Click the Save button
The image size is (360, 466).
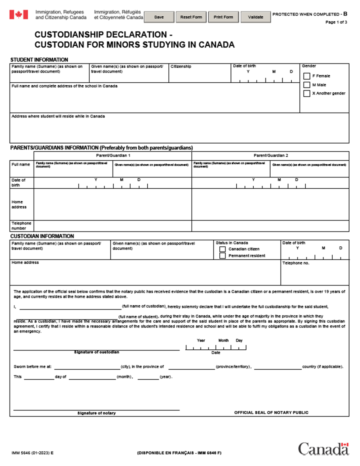[x=159, y=17]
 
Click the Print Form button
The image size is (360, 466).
[x=223, y=17]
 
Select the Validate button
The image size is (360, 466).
[x=256, y=17]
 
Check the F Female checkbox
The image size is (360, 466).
[x=307, y=76]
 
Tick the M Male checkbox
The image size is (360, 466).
[x=307, y=85]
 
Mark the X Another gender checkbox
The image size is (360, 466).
[x=307, y=94]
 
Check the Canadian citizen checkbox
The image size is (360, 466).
[x=223, y=249]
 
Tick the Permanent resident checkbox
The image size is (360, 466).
[x=223, y=256]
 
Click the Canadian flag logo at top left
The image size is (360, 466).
[x=18, y=15]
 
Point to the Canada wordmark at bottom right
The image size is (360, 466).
[x=323, y=449]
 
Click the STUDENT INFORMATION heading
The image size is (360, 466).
[x=39, y=60]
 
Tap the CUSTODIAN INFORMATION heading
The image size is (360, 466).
[x=42, y=236]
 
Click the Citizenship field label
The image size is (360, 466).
[x=181, y=66]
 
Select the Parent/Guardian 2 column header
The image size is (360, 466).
[x=271, y=155]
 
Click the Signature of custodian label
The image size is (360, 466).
[x=96, y=352]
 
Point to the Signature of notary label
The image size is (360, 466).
[x=96, y=413]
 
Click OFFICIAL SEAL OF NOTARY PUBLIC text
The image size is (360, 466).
[x=271, y=412]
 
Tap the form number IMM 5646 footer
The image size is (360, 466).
[x=32, y=453]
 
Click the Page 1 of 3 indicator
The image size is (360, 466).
[x=336, y=22]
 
